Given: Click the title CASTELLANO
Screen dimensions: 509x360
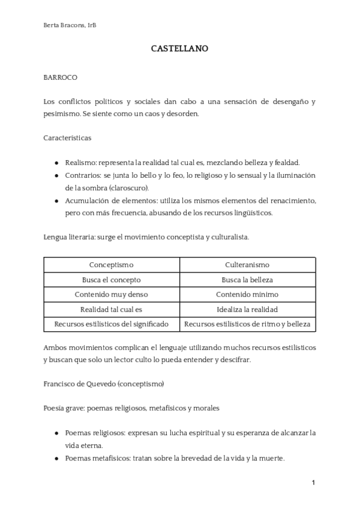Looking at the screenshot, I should pos(179,49).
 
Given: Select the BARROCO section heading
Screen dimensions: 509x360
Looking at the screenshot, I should pos(60,77).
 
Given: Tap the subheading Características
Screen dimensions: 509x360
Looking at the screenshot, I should pos(67,137).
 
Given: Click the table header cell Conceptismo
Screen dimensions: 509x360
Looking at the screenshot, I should pos(112,265).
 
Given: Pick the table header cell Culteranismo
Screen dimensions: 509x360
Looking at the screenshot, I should pos(247,265).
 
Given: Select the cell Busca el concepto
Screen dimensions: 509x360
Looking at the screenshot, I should pos(112,280).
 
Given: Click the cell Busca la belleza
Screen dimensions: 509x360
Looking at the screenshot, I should pos(247,280).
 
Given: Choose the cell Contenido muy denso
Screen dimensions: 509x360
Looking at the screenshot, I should pos(112,295).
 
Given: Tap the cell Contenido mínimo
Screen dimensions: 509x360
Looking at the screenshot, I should pos(247,295).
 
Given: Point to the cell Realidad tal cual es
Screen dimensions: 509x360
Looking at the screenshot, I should pos(112,310).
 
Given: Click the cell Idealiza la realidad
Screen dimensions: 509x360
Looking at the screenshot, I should pos(247,310).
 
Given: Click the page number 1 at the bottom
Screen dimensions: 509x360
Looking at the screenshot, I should pos(313,483).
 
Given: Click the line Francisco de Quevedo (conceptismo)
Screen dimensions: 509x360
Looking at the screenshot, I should pos(104,383).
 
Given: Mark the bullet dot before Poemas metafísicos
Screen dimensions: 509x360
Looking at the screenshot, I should pos(56,458).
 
